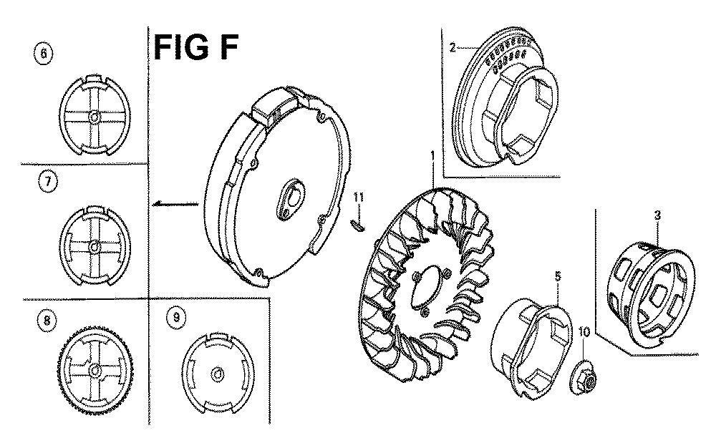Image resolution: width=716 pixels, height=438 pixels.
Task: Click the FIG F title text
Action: tap(196, 47)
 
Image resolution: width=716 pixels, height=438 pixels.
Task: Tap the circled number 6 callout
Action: tap(44, 54)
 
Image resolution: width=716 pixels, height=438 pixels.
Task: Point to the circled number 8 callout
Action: tap(46, 321)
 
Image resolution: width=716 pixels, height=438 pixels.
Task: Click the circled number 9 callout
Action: tap(176, 318)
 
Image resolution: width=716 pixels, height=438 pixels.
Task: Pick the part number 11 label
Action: tap(359, 198)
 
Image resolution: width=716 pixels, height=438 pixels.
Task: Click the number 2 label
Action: tap(452, 47)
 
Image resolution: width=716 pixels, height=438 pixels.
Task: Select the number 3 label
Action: tap(657, 215)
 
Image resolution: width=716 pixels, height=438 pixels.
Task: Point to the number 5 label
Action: tap(558, 276)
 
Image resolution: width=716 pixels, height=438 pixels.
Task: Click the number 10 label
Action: tap(584, 332)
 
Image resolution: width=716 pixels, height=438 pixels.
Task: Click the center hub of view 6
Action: tap(94, 117)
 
